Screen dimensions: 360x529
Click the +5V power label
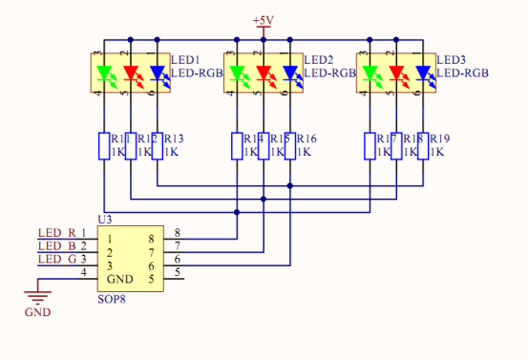[264, 20]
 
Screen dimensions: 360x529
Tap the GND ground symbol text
[37, 312]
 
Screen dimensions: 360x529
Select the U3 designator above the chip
[105, 220]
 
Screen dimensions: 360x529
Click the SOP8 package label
[112, 299]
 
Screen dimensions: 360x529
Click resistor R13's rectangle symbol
[158, 145]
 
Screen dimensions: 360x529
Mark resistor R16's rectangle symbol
[290, 145]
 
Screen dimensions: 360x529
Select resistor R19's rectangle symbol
[423, 145]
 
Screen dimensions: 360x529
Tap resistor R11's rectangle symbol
[104, 145]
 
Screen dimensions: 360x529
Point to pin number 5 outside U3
[176, 273]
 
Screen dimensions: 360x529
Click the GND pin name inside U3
[118, 279]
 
